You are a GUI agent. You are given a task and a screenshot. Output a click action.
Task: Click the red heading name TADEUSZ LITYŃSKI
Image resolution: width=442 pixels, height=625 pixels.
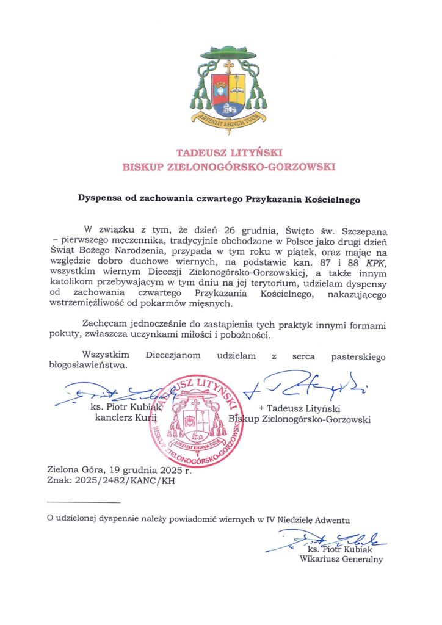click(x=221, y=152)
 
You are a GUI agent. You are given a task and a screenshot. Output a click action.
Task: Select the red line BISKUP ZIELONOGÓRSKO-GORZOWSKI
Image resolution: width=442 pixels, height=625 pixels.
click(x=221, y=167)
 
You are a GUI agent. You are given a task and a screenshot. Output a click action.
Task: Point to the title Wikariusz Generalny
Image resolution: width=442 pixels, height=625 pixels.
click(x=341, y=558)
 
